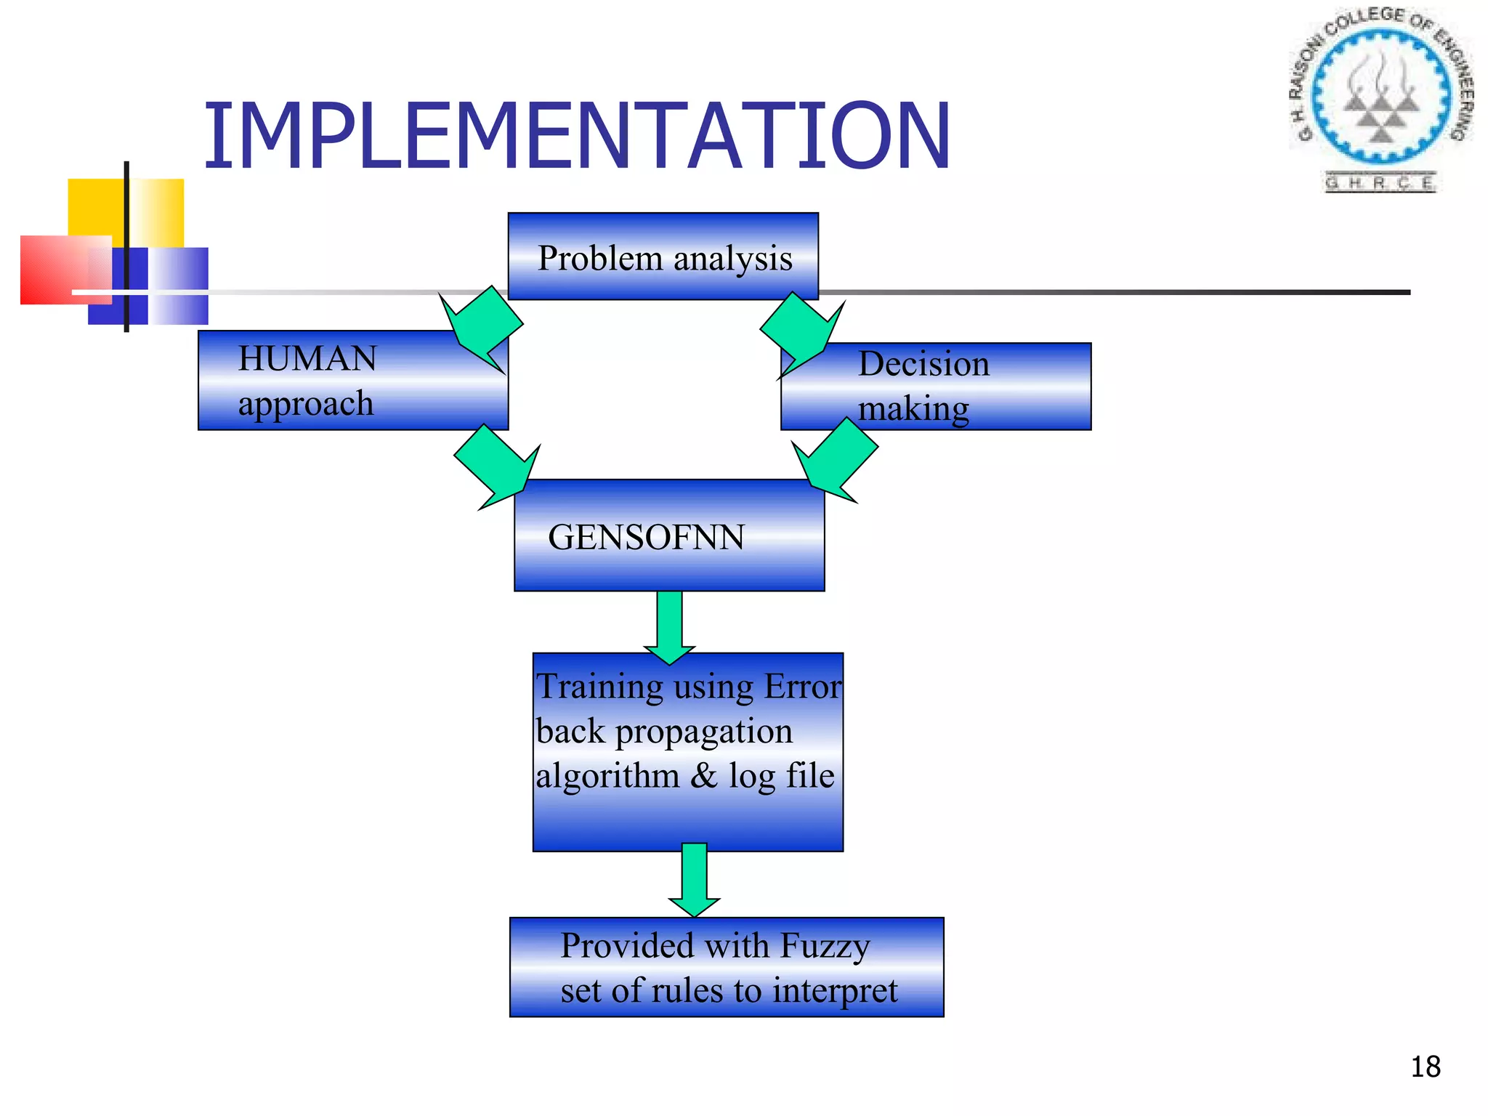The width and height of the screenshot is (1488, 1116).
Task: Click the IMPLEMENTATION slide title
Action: (577, 137)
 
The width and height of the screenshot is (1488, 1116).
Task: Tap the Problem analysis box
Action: (663, 256)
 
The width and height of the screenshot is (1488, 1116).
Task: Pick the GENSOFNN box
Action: (669, 536)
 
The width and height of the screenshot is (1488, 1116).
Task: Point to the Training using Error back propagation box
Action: (688, 751)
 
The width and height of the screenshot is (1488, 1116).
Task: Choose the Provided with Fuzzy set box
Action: (727, 967)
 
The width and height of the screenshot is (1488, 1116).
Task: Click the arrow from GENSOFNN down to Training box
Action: (670, 625)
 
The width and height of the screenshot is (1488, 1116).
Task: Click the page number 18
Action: (1425, 1067)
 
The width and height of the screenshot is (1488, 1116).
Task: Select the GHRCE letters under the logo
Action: (1380, 182)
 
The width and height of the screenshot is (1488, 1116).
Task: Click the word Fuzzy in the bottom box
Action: (825, 946)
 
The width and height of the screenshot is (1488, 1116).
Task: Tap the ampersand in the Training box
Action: (703, 775)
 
